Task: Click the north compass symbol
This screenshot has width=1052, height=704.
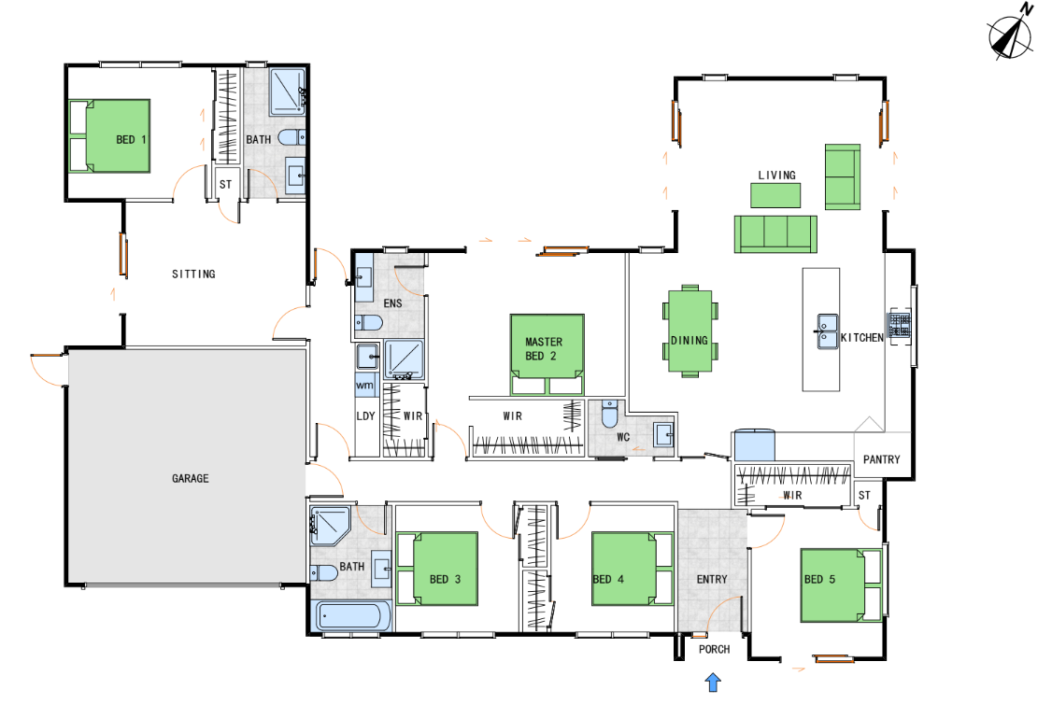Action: click(x=1010, y=35)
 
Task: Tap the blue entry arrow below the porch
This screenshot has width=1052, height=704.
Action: click(x=713, y=683)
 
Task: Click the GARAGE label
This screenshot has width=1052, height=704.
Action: click(x=190, y=478)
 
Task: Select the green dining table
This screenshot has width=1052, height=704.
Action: click(x=689, y=331)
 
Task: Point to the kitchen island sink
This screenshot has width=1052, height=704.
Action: click(x=826, y=331)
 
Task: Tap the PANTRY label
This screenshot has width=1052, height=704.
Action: click(x=882, y=459)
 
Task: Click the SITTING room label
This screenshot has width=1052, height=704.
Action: click(x=193, y=274)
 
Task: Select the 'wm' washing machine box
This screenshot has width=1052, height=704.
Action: click(x=364, y=386)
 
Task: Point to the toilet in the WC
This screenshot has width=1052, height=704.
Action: click(x=609, y=414)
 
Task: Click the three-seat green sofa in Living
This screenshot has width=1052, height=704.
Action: click(x=775, y=234)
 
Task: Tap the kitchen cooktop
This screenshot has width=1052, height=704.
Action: click(x=900, y=326)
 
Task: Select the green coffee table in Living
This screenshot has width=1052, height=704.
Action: click(x=775, y=195)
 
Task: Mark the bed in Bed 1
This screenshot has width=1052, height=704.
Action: click(x=109, y=136)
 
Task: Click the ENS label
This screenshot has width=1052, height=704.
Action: click(x=392, y=303)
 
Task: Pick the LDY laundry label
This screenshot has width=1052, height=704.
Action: click(x=365, y=415)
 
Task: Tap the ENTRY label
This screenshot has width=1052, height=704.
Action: click(x=711, y=579)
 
